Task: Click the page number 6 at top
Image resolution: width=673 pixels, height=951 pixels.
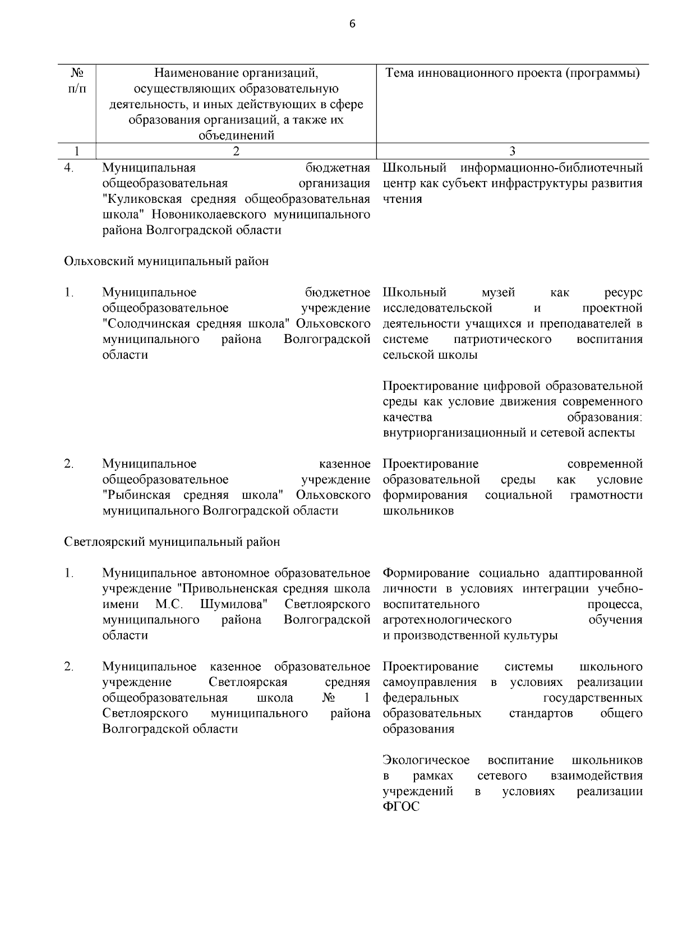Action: [352, 24]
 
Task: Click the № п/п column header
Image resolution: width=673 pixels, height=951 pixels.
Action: [77, 81]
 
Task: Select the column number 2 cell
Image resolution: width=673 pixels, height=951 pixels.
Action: [236, 151]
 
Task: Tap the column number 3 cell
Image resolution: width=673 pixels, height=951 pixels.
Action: [512, 151]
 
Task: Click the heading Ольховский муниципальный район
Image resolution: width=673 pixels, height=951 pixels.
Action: [167, 261]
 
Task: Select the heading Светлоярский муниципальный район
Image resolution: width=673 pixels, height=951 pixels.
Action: [172, 542]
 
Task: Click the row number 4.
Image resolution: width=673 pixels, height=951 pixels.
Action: [68, 168]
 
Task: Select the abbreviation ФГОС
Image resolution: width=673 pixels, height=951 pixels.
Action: [400, 808]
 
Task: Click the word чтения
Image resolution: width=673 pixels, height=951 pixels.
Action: [402, 199]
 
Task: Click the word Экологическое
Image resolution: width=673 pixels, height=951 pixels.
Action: [426, 760]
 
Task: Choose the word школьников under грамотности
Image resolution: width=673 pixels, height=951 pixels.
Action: [418, 511]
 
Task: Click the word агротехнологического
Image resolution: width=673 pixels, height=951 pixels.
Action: [447, 620]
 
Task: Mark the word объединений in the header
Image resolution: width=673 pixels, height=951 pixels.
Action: [236, 135]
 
